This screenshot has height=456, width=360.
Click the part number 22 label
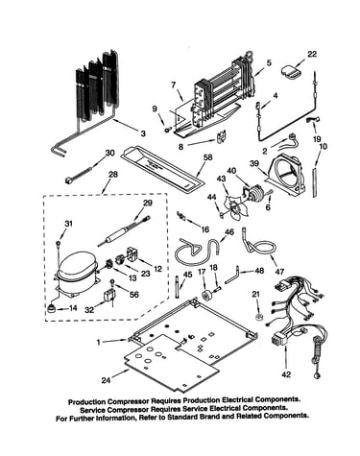pos(312,55)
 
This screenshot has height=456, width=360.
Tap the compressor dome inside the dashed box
pos(78,266)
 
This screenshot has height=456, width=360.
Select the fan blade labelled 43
pos(235,207)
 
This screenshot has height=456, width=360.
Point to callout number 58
pos(208,157)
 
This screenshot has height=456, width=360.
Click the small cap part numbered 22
pos(290,71)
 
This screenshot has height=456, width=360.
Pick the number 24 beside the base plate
pos(107,380)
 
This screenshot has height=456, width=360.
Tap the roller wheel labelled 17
pos(204,295)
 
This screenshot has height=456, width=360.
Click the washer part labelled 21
pos(258,318)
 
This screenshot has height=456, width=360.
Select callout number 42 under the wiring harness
pos(286,373)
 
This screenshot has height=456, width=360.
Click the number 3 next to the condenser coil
pos(143,133)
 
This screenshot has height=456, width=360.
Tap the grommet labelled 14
pos(51,309)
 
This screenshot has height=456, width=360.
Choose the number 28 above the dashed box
pos(112,175)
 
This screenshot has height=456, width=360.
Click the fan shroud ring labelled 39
pos(286,175)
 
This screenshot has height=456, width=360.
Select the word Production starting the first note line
pos(86,401)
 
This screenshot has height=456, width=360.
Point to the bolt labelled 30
pos(80,174)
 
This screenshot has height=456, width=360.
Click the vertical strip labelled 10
pos(315,181)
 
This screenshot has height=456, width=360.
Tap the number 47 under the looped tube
pos(279,272)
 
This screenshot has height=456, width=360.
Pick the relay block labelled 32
pos(108,296)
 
